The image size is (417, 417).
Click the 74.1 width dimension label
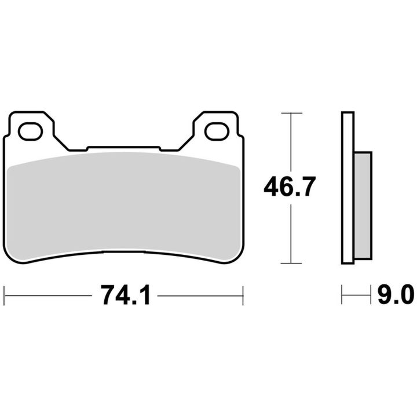point(126,295)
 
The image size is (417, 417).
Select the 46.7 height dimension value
point(290,186)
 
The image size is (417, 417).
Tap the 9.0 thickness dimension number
point(396,295)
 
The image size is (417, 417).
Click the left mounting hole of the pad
point(30,131)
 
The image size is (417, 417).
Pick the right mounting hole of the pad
point(217,131)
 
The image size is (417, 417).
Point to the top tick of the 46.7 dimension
point(291,113)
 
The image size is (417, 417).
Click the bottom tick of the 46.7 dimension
point(291,264)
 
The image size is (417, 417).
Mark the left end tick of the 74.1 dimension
point(5,295)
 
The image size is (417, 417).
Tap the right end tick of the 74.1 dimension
point(243,295)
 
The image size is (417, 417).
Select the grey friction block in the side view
point(363,206)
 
